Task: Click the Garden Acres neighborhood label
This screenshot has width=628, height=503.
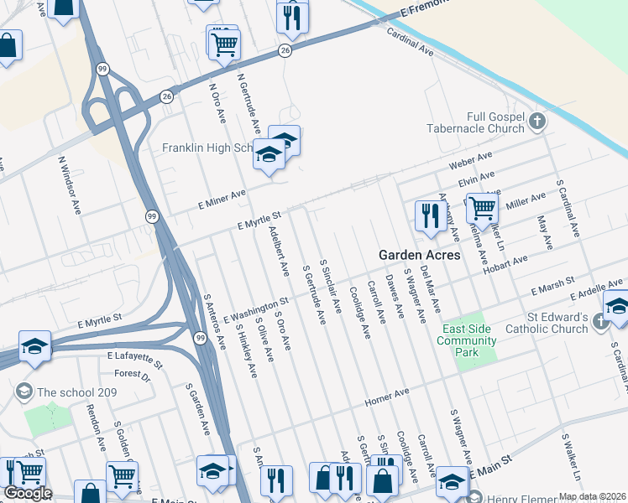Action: pyautogui.click(x=419, y=254)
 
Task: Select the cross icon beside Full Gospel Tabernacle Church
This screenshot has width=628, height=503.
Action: pyautogui.click(x=538, y=123)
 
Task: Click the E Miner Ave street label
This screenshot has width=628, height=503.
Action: pyautogui.click(x=222, y=198)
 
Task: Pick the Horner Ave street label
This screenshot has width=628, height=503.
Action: pyautogui.click(x=386, y=397)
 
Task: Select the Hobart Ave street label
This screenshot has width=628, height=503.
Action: pyautogui.click(x=506, y=262)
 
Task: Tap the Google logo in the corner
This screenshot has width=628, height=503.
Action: pyautogui.click(x=27, y=493)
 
